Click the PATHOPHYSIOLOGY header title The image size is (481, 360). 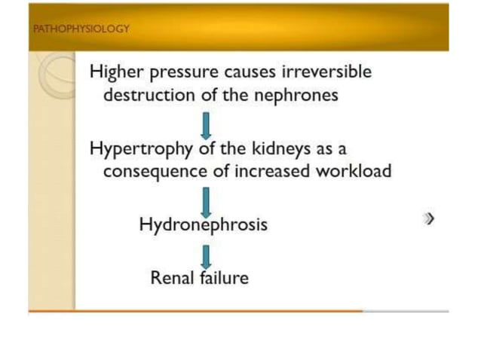coord(81,29)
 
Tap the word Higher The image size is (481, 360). coord(114,72)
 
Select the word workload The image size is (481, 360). coord(354,171)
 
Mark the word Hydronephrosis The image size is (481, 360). coord(203,224)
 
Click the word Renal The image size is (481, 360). coord(173,277)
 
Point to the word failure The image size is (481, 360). coord(224,277)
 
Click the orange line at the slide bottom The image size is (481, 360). coord(196,310)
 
